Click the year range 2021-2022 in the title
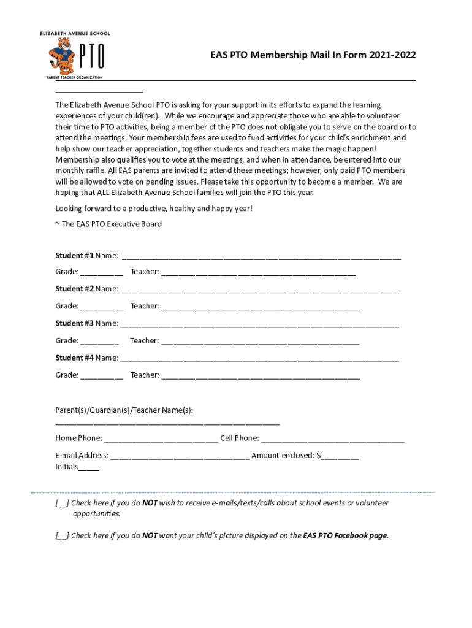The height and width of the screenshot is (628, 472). click(392, 55)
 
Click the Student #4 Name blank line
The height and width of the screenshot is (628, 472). click(259, 359)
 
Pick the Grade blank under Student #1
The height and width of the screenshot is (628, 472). click(101, 273)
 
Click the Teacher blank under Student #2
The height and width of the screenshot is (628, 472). click(260, 307)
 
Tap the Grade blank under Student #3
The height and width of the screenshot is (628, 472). click(99, 342)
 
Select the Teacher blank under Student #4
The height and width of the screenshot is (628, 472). click(260, 376)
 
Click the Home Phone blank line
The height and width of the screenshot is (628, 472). click(161, 439)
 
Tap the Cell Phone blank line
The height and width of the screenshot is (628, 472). click(333, 439)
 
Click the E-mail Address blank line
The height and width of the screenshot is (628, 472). click(180, 456)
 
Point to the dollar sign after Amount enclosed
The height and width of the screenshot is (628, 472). click(319, 455)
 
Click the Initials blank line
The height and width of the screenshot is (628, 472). click(88, 468)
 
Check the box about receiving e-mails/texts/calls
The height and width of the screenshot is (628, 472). click(62, 504)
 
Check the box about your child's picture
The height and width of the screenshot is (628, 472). click(62, 536)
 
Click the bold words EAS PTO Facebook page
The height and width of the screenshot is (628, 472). click(345, 535)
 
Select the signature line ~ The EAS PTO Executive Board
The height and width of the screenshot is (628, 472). click(108, 224)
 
